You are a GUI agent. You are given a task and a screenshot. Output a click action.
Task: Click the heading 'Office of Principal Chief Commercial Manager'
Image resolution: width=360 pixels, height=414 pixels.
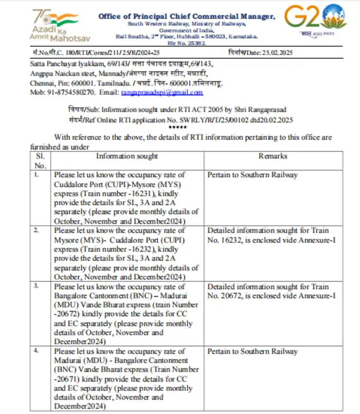click(x=186, y=16)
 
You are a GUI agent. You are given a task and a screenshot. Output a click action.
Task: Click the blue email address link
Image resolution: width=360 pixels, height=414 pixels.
click(x=161, y=93)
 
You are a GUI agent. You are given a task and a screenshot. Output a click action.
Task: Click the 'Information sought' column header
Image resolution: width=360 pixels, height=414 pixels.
click(x=127, y=156)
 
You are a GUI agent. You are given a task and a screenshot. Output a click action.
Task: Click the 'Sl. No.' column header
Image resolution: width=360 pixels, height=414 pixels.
click(x=40, y=160)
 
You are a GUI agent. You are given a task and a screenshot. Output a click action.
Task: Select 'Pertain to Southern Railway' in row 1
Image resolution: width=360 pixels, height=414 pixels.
click(x=252, y=175)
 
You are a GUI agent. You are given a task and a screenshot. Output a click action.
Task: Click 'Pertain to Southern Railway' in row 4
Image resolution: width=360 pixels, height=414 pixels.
click(x=252, y=351)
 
